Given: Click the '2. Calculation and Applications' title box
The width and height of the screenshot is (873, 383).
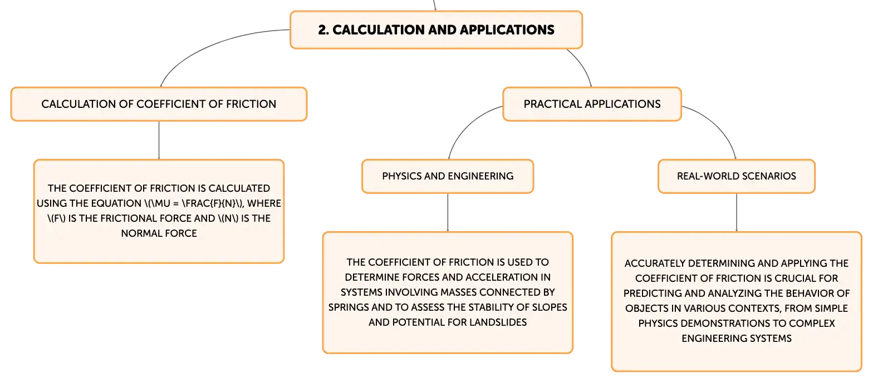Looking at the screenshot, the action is click(x=436, y=30).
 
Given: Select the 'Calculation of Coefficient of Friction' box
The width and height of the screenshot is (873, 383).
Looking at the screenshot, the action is click(x=159, y=104).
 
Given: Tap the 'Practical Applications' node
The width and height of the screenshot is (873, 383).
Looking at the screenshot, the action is click(x=592, y=104).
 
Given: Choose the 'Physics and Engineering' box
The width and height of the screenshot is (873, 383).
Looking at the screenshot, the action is click(x=448, y=176).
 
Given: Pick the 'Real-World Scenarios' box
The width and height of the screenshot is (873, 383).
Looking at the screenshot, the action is click(x=737, y=176).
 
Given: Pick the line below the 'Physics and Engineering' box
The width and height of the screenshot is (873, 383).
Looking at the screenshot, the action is click(x=448, y=212).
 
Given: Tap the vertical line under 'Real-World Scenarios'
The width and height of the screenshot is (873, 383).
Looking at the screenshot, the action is click(x=737, y=212).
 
